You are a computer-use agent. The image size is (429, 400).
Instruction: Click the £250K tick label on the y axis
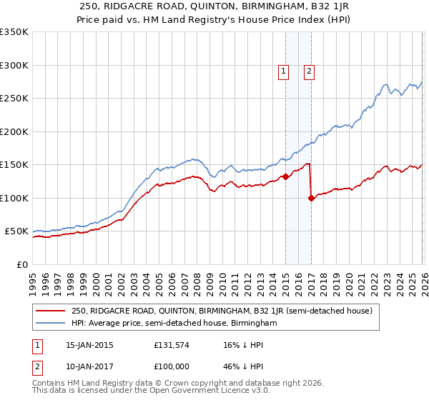point(14,99)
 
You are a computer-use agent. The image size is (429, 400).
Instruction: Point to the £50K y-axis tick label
point(16,231)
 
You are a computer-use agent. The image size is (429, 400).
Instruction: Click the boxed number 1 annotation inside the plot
point(284,71)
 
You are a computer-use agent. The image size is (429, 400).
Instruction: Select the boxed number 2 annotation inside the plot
point(309,71)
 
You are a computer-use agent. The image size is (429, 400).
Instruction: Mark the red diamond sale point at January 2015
point(285,177)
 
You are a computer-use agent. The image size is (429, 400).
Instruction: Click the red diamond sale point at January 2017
point(311,199)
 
